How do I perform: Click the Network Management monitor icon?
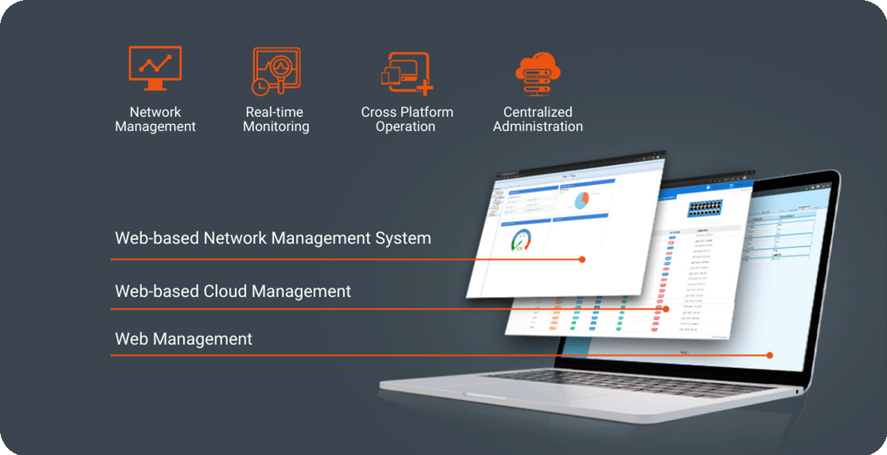point(155,69)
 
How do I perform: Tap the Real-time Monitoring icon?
point(275,70)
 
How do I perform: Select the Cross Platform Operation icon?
point(406,73)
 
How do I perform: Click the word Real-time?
point(274,112)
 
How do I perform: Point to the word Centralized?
point(537,112)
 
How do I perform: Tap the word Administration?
point(537,126)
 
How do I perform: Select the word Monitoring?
point(275,126)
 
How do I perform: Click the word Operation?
point(406,126)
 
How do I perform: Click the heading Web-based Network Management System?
point(272,238)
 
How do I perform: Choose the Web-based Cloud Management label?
point(233,291)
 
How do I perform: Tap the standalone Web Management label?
point(183,339)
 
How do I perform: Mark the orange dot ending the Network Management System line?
point(582,259)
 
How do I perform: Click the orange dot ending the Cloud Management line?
point(665,309)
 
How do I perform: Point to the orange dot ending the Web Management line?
point(770,355)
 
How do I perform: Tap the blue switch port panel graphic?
point(710,209)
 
